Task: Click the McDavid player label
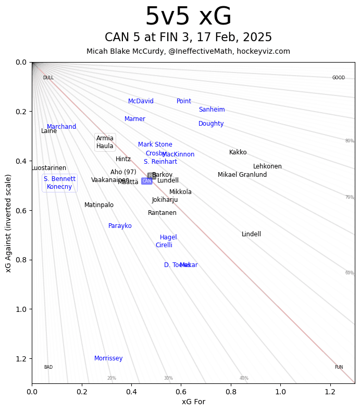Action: (x=141, y=101)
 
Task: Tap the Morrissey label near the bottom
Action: (x=108, y=358)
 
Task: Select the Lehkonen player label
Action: (x=267, y=166)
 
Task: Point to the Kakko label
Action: (x=238, y=152)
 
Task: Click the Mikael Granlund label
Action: (x=242, y=175)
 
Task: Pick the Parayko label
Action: (x=120, y=226)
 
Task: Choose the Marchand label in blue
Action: (x=61, y=127)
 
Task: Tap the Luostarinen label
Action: (x=49, y=168)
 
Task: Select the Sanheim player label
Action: (x=212, y=110)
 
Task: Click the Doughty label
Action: (x=211, y=124)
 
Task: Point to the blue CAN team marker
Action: (x=147, y=181)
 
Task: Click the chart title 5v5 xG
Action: (x=188, y=17)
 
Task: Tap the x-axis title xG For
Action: (x=193, y=402)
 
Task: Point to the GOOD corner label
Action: (x=339, y=78)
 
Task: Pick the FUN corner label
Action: (x=339, y=367)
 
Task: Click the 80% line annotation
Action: (x=349, y=141)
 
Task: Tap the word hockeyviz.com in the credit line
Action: (x=267, y=51)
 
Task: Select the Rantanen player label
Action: (x=162, y=213)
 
